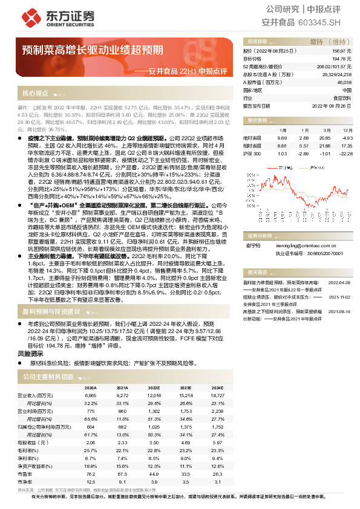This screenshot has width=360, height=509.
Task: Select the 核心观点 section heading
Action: pyautogui.click(x=35, y=94)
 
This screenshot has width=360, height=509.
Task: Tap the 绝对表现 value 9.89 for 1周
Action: pyautogui.click(x=282, y=138)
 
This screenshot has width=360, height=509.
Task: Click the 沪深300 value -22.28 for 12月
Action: pyautogui.click(x=344, y=154)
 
